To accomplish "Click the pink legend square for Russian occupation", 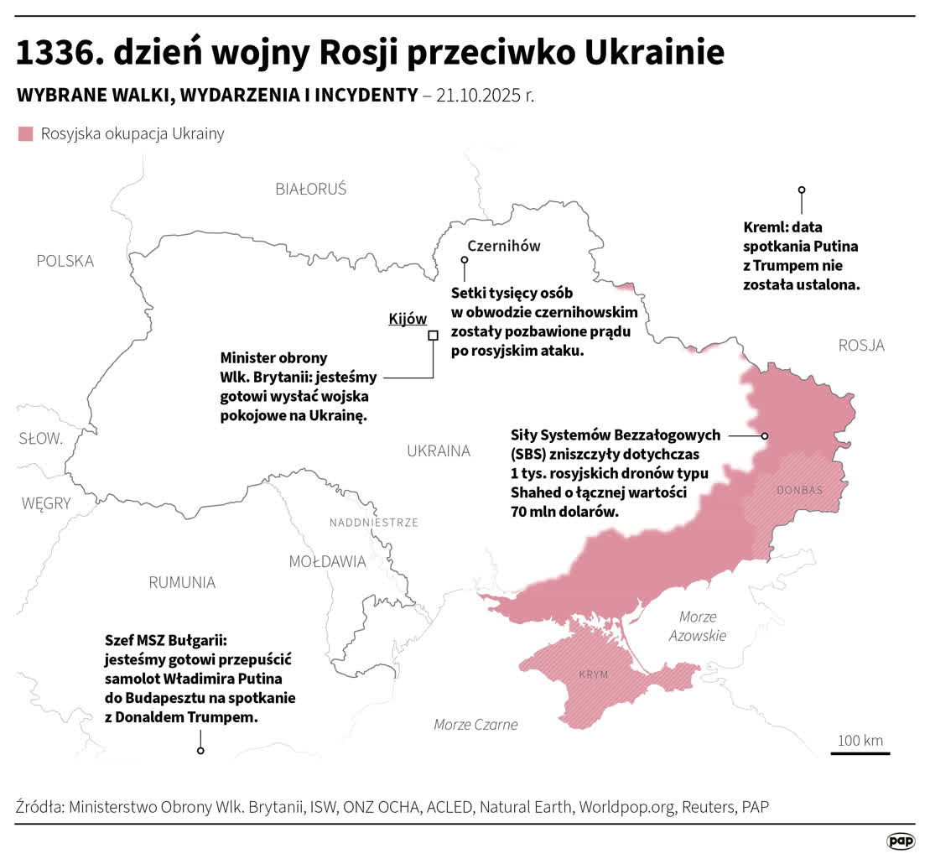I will (25, 134).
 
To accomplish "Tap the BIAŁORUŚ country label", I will (310, 189).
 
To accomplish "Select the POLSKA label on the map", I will (65, 261).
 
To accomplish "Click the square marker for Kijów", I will (434, 336).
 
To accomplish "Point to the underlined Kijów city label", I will (408, 319).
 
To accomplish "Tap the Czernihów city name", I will (503, 246).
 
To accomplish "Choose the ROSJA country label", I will (861, 345).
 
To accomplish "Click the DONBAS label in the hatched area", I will (799, 490).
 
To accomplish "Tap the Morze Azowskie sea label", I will (697, 626).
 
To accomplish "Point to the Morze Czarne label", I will (475, 724).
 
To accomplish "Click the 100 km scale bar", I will (860, 752).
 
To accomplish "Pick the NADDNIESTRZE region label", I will (373, 522).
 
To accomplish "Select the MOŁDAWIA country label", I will (327, 561).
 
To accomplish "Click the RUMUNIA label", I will (182, 582).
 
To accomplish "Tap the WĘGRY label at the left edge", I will (46, 503).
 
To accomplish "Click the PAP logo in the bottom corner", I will (901, 841).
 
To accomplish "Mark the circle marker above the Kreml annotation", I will (802, 190).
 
